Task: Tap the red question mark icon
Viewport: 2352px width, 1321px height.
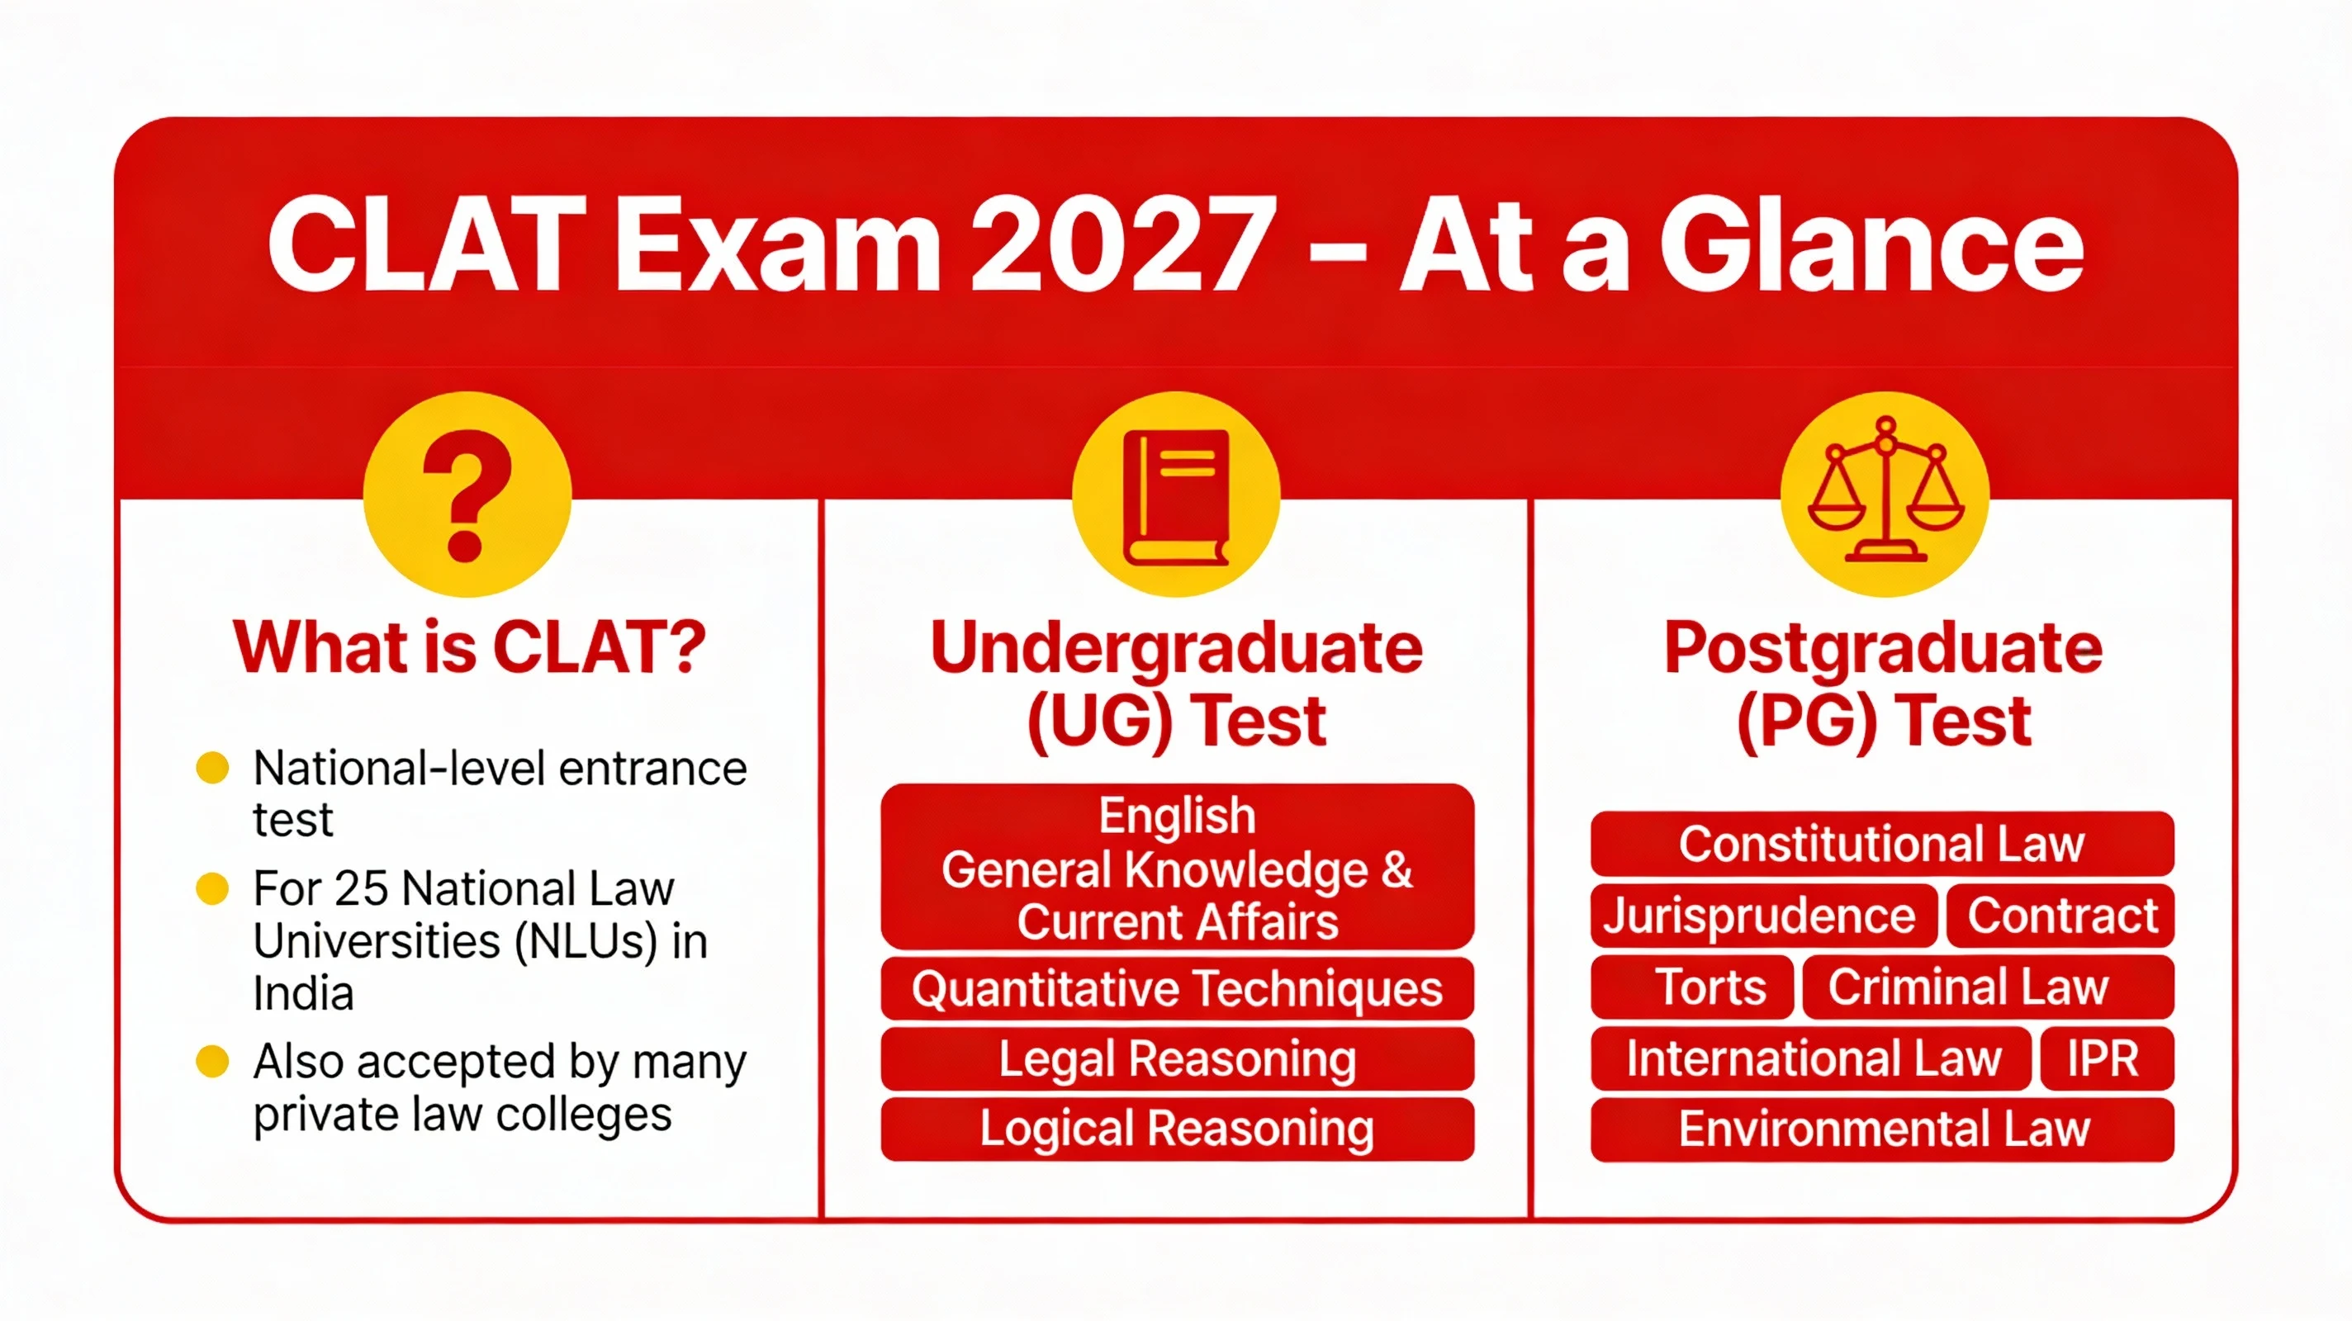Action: pos(467,495)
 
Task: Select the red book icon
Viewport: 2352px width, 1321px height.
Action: pos(1176,495)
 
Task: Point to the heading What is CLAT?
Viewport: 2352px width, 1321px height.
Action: pos(469,646)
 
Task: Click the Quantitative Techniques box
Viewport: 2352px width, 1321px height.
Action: pos(1177,989)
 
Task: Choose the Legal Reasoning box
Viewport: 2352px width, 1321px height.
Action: pos(1177,1059)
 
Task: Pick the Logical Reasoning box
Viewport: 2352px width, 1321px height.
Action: pos(1177,1129)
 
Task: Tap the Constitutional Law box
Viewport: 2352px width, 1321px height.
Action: pos(1882,844)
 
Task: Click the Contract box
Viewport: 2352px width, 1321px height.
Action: pos(2061,916)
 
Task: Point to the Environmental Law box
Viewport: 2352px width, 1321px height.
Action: pos(1883,1129)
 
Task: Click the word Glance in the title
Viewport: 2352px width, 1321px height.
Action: pos(1871,247)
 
